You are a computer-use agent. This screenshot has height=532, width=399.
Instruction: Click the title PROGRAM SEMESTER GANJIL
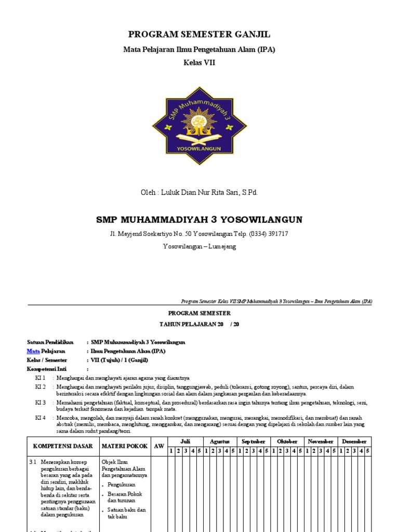[199, 35]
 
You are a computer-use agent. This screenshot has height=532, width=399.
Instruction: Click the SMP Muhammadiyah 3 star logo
[199, 125]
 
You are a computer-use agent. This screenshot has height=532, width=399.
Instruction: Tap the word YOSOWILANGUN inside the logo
[199, 148]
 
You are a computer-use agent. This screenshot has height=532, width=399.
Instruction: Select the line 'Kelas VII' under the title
[199, 62]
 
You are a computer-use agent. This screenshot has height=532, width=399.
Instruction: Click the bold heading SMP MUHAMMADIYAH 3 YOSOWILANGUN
[199, 219]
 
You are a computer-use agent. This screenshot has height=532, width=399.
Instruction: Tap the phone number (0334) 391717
[265, 234]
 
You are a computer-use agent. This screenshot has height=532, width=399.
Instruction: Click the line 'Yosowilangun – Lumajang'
[199, 246]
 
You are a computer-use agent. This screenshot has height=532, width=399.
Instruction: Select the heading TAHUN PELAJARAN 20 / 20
[199, 324]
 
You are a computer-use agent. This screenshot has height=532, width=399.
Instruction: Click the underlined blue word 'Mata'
[33, 351]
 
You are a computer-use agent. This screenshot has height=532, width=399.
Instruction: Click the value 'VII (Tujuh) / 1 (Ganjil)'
[119, 360]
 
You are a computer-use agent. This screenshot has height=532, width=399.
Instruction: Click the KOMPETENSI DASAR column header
[63, 446]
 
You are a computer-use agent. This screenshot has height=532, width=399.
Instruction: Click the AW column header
[158, 446]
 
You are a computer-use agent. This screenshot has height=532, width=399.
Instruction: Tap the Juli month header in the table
[185, 441]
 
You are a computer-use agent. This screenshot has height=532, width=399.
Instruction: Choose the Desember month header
[354, 441]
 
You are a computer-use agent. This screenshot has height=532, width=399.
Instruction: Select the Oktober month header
[287, 441]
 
